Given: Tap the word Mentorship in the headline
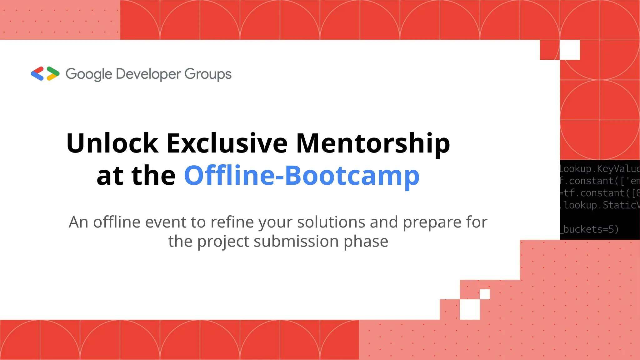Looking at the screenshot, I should click(x=373, y=144).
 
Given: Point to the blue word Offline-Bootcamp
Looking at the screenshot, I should click(x=302, y=176).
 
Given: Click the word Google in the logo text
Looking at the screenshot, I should click(x=89, y=74).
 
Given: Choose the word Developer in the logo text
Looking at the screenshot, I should click(x=148, y=74).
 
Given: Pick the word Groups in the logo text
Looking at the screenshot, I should click(x=208, y=74).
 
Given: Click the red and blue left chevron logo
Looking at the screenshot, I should click(x=37, y=74).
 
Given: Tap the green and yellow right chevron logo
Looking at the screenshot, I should click(x=53, y=74).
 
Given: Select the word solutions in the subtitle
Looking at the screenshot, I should click(x=331, y=222).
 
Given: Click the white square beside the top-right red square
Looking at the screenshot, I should click(x=570, y=50).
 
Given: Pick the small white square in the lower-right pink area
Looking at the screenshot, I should click(x=485, y=294).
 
